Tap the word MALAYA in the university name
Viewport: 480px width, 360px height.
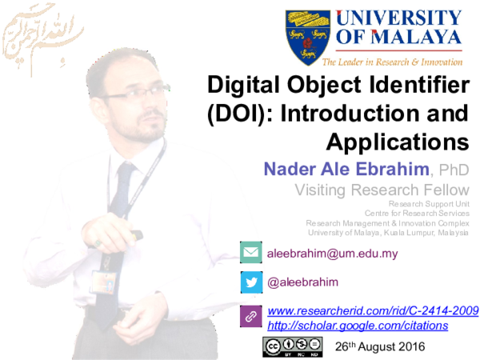410,37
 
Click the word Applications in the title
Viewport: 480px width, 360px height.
397,142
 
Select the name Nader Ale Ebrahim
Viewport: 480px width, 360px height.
346,169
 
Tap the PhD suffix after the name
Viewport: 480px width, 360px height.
453,170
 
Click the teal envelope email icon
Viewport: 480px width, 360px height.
250,252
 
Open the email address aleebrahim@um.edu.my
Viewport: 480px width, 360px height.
332,253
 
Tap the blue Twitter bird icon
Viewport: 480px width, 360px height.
250,282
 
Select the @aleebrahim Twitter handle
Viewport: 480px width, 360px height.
302,282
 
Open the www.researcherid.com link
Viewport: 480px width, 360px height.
373,310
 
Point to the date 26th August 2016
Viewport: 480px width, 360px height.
380,346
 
